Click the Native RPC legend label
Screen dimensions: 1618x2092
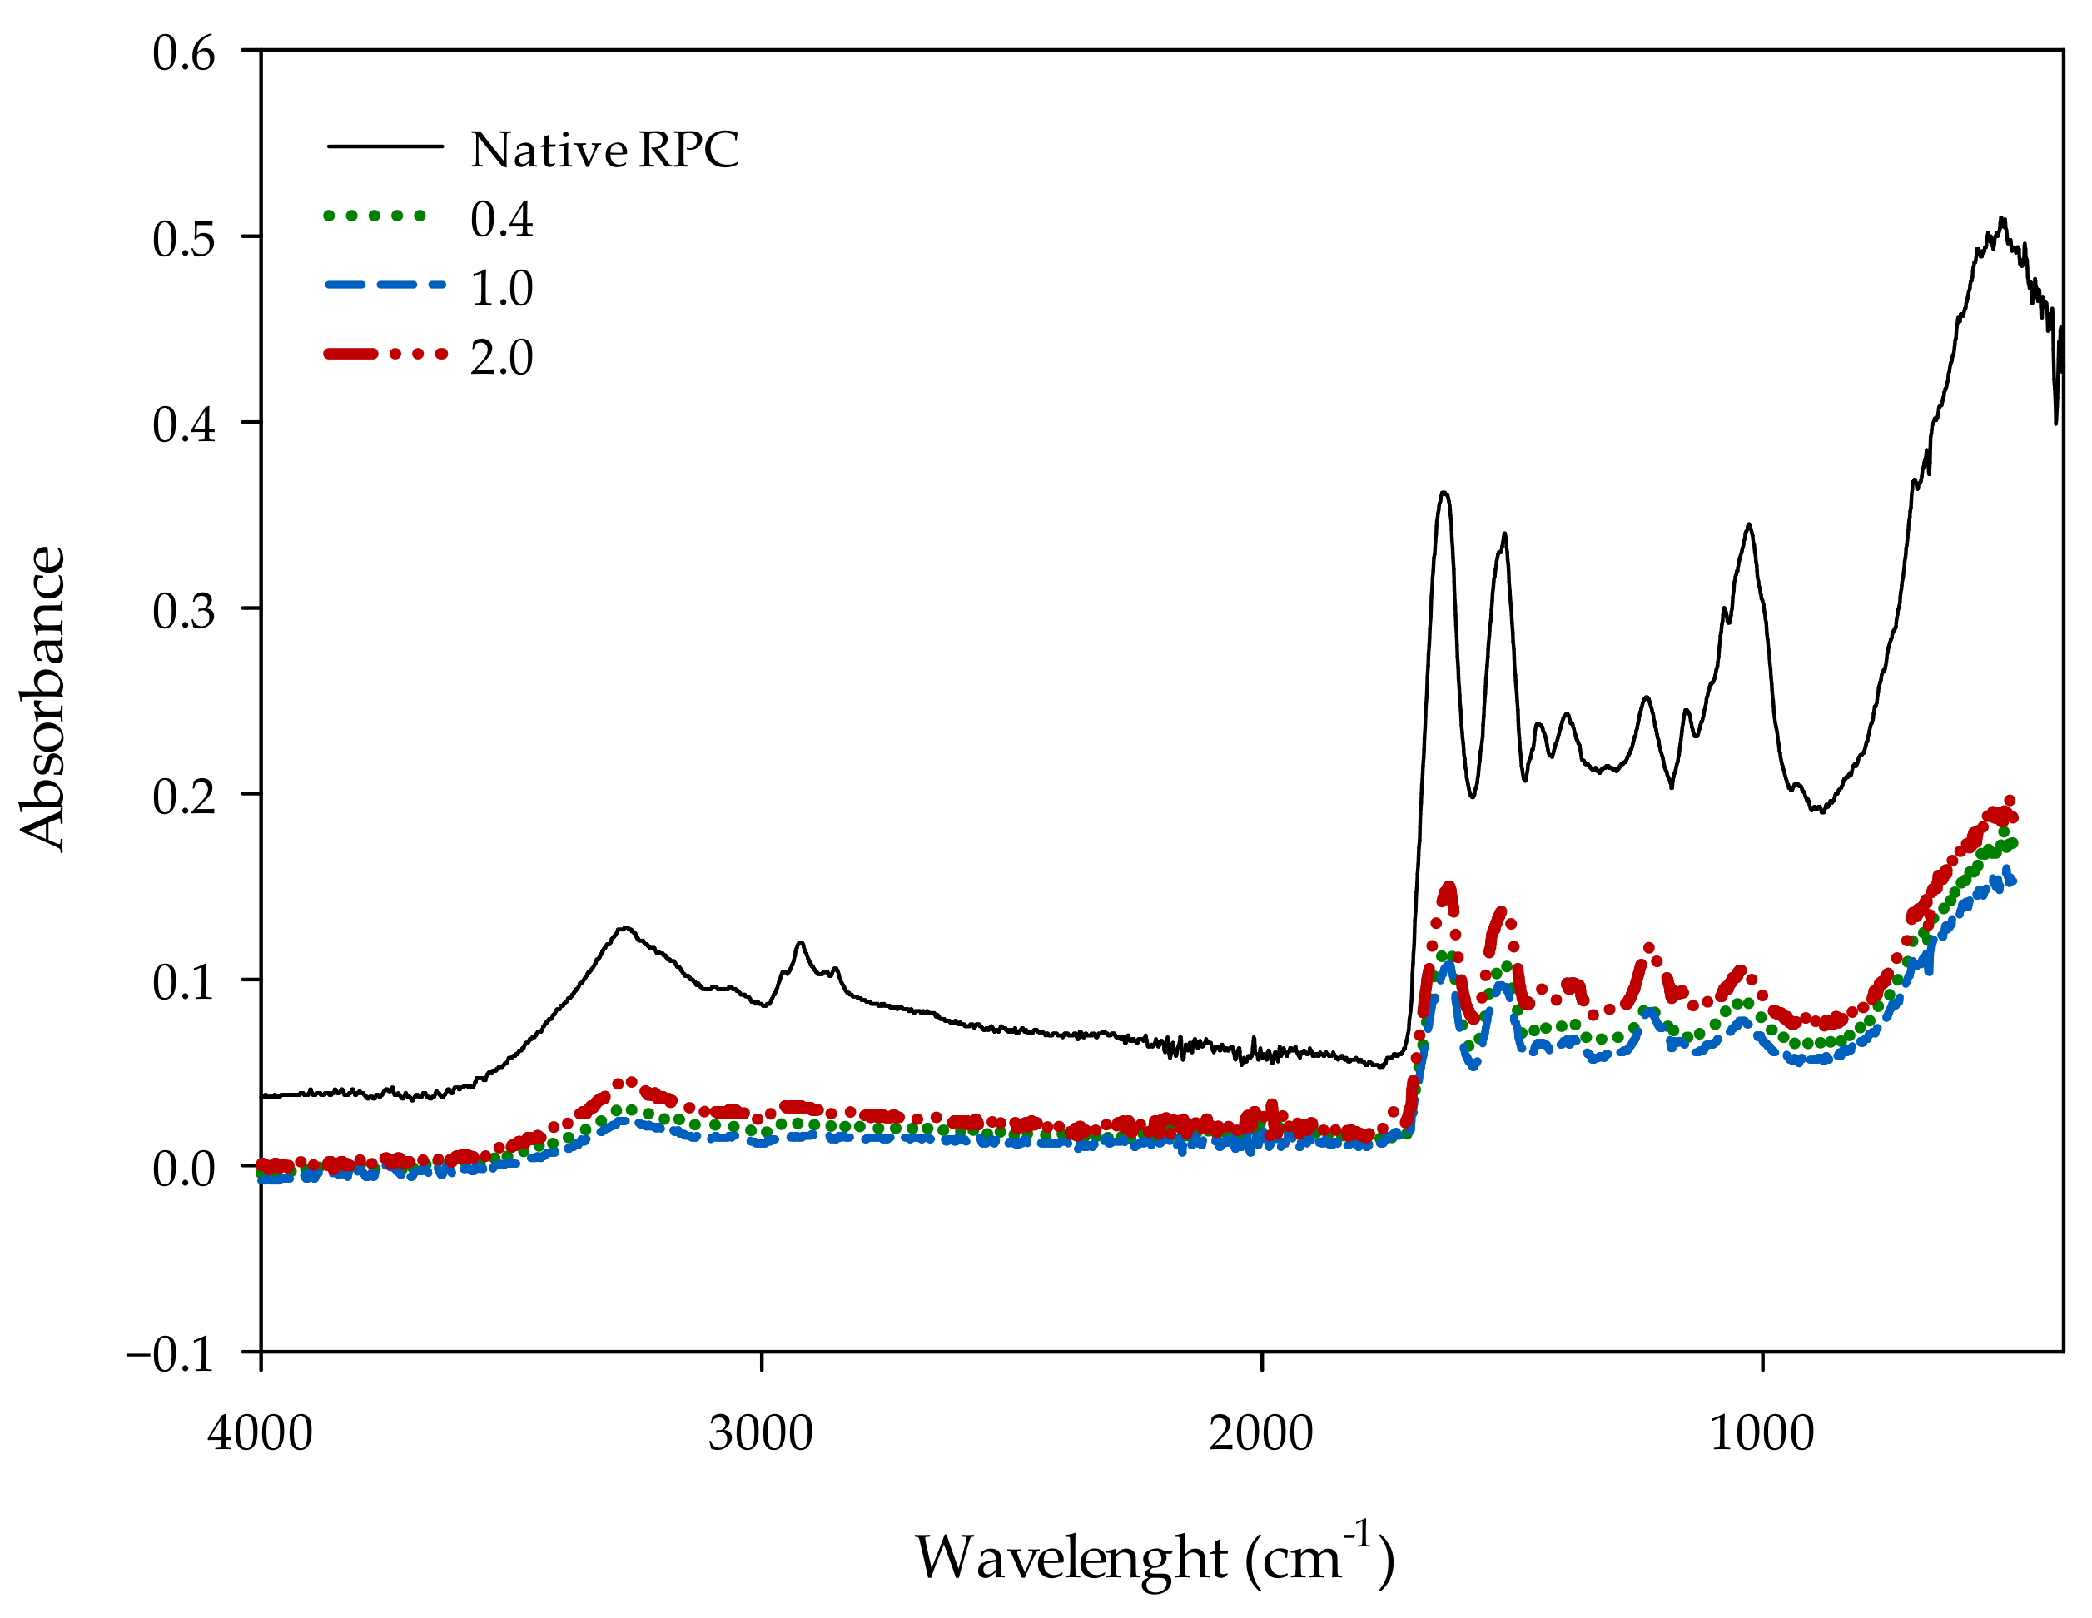coord(604,150)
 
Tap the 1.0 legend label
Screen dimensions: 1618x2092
coord(501,287)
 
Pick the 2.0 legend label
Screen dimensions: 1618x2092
coord(501,356)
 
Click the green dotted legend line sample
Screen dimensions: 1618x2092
coord(375,216)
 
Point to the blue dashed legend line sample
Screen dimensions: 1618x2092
coord(385,285)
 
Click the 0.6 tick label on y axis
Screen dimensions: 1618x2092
coord(184,52)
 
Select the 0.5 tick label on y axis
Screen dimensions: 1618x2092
coord(184,239)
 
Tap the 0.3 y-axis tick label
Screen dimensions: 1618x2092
coord(184,610)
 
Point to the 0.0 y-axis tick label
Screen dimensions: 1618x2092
coord(184,1169)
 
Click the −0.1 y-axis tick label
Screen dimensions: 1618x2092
coord(171,1353)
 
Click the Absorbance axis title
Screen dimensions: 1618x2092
coord(43,699)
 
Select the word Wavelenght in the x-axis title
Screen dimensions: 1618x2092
coord(1070,1557)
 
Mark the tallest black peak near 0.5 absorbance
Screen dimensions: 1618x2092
coord(2001,221)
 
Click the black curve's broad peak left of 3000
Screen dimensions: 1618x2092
coord(624,927)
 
